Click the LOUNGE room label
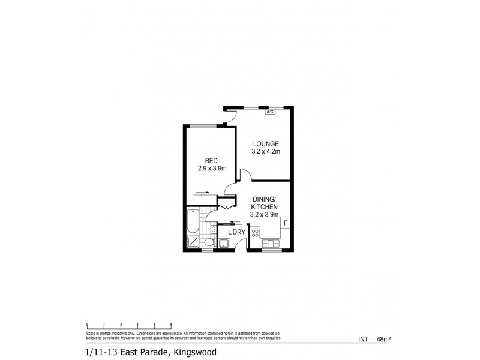[x=266, y=143]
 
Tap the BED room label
[x=211, y=160]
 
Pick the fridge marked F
[x=286, y=223]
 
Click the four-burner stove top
[x=256, y=232]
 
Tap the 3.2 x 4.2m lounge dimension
[x=266, y=152]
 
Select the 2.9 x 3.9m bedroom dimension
[x=211, y=169]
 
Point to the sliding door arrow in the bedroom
[x=202, y=193]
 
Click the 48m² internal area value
[x=382, y=339]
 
